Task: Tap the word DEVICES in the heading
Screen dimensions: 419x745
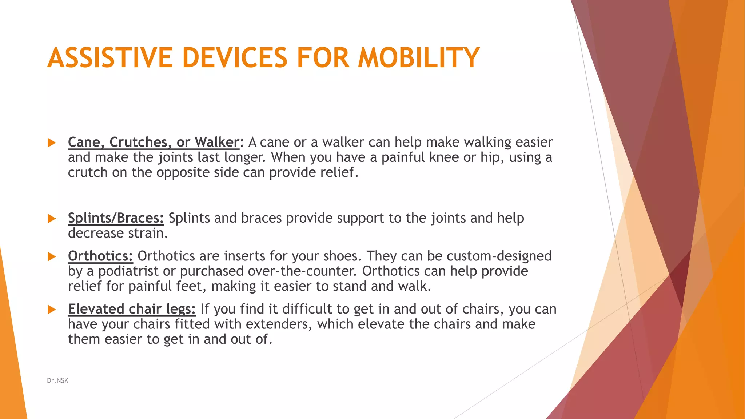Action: coord(234,57)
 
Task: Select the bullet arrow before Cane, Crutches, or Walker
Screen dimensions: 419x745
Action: coord(52,143)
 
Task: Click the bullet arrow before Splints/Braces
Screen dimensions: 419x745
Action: coord(52,219)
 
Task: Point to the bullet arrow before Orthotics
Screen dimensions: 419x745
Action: coord(52,257)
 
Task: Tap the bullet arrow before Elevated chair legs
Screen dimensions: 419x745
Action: coord(52,310)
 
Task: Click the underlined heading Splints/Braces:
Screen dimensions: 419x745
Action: coord(116,218)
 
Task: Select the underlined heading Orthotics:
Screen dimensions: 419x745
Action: coord(100,256)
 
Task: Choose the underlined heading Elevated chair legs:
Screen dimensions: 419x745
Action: coord(132,309)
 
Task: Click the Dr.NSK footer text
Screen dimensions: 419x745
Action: coord(57,380)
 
